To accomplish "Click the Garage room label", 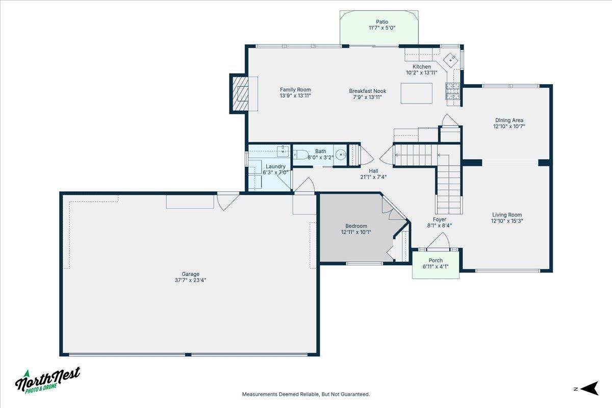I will click(x=191, y=274).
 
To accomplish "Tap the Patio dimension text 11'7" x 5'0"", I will click(x=382, y=28).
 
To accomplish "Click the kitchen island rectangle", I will click(x=416, y=93).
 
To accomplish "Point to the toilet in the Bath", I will click(x=302, y=156).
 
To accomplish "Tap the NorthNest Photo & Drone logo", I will click(x=47, y=380).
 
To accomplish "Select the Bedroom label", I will click(x=356, y=226).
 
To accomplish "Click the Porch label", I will click(x=436, y=261).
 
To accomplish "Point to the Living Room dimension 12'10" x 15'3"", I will click(x=507, y=221).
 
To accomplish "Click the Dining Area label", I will click(x=509, y=120).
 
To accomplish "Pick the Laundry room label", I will click(x=276, y=166).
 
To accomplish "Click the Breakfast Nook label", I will click(x=367, y=91).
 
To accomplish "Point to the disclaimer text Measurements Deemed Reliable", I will click(x=305, y=394).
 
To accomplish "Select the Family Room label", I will click(x=295, y=90).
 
